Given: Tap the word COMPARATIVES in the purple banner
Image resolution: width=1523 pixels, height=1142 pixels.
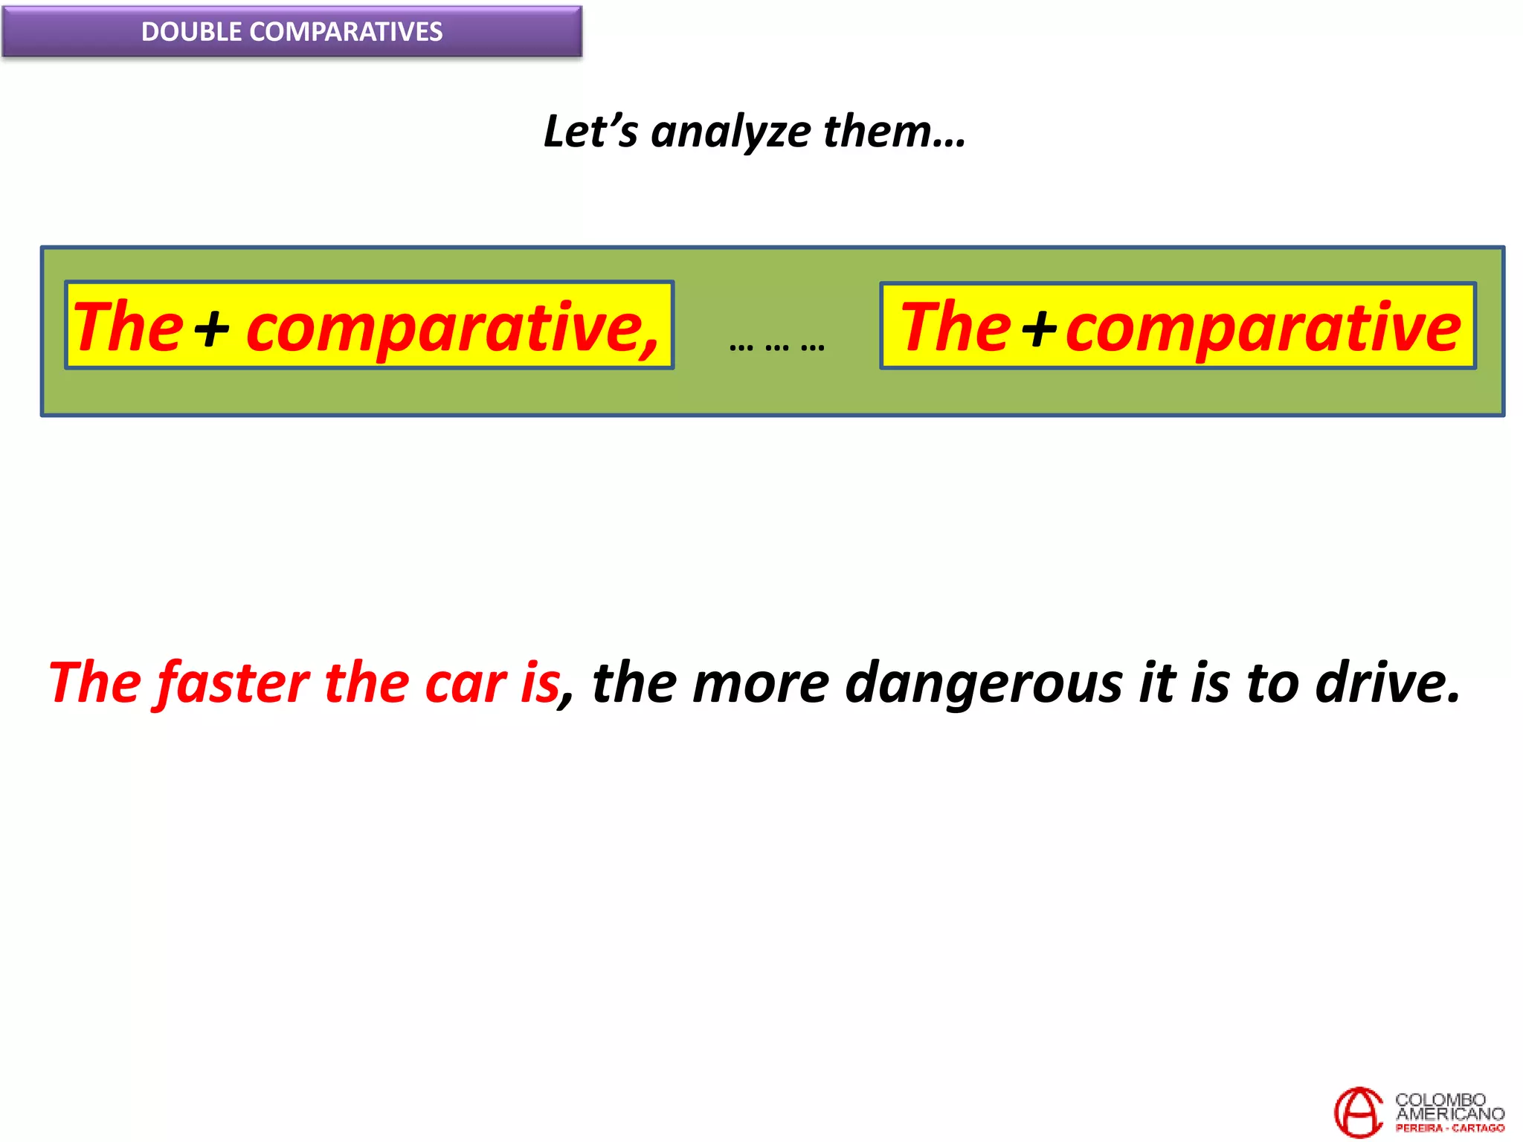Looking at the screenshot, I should pos(346,32).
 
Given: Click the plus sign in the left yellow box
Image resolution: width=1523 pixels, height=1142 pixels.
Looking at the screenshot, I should pos(212,329).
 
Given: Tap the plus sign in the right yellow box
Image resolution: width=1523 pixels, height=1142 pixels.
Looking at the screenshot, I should pos(1039,329).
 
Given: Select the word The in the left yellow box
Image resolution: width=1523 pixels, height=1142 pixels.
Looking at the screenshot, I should pos(128,327).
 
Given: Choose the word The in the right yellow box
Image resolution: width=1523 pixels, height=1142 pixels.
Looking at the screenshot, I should pos(956,327).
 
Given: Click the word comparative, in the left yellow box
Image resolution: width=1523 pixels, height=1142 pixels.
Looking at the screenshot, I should pos(452,329).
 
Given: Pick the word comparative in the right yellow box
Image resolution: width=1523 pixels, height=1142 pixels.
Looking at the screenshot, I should pos(1263,329).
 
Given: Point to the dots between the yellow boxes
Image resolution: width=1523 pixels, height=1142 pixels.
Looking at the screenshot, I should pos(777,346).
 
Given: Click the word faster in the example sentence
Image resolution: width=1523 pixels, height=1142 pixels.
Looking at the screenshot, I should pos(234,683).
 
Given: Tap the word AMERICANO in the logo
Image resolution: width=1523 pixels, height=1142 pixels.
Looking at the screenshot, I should pos(1449,1114).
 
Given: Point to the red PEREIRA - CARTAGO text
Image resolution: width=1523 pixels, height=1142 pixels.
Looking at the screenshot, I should pos(1449,1129).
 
